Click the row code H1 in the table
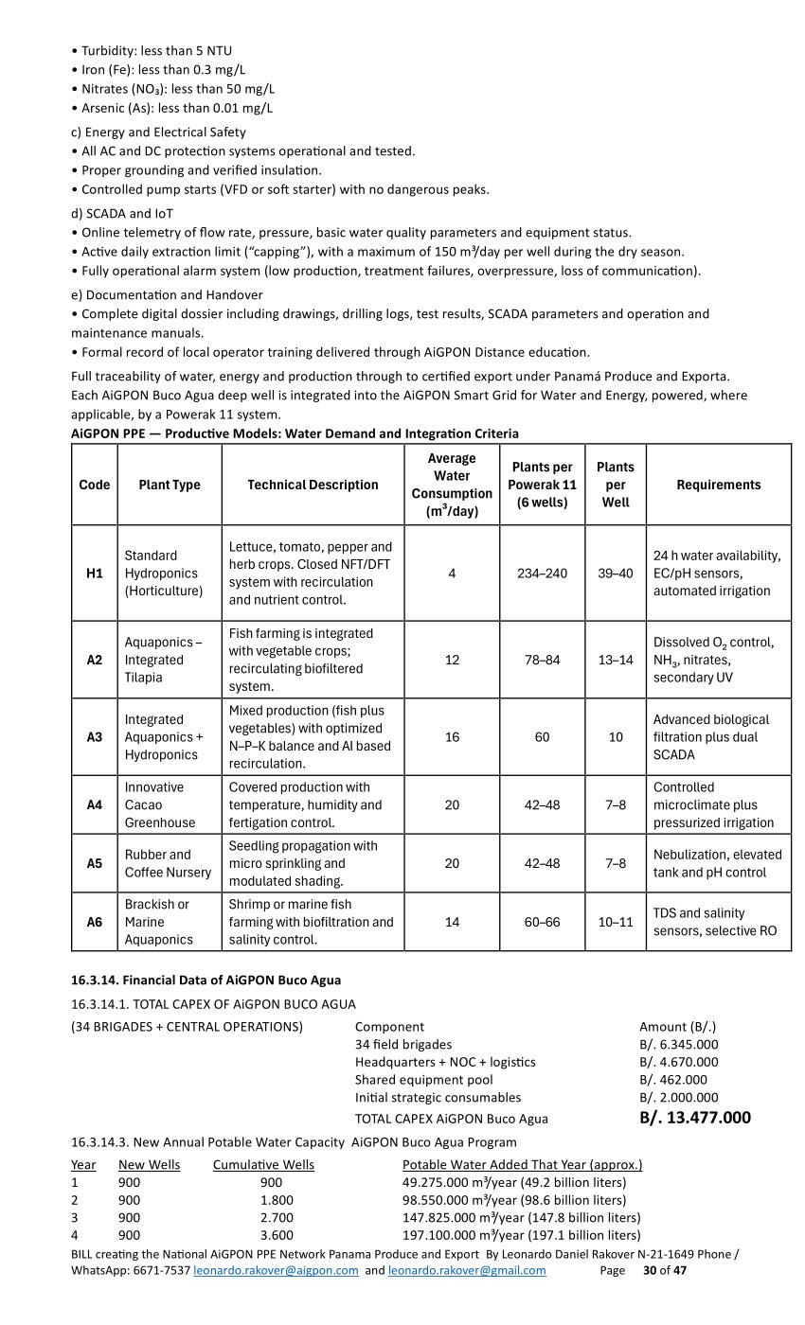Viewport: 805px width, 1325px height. click(95, 574)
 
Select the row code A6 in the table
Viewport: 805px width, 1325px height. click(95, 922)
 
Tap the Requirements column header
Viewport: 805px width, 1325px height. click(718, 485)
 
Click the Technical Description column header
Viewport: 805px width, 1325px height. click(313, 485)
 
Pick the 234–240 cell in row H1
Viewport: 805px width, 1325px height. click(542, 574)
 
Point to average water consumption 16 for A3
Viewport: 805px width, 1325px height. click(452, 736)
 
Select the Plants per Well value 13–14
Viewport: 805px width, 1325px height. click(616, 660)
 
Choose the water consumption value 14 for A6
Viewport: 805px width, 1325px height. click(452, 922)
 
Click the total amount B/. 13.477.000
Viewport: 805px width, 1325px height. click(695, 1118)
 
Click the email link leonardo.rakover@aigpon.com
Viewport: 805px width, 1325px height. click(276, 1270)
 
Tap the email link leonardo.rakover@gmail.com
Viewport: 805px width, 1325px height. click(467, 1270)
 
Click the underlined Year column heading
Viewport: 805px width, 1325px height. click(83, 1164)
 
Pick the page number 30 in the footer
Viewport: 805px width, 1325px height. click(650, 1270)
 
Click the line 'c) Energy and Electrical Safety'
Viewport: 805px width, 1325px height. click(158, 132)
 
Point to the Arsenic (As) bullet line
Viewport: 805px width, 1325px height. click(171, 108)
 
